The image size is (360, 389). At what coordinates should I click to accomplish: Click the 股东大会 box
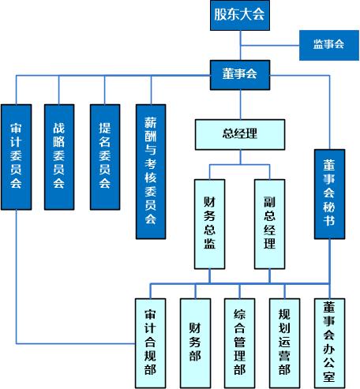240,15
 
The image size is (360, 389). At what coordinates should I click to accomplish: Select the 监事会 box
329,45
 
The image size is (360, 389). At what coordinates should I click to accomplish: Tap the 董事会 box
240,75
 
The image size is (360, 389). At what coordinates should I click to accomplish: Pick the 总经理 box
240,135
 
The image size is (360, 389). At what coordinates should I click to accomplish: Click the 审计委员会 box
17,157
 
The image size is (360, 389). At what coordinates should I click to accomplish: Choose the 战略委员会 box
59,157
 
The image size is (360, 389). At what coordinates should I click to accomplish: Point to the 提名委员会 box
105,157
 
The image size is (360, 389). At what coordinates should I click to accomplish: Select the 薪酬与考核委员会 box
151,172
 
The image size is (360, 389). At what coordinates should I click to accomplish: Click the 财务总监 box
210,224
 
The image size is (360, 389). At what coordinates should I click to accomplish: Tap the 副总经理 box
270,224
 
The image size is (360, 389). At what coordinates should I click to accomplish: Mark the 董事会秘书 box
329,194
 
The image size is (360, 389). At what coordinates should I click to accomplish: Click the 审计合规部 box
150,343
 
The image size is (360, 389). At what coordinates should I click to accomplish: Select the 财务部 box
195,343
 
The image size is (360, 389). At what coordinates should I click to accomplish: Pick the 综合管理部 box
240,343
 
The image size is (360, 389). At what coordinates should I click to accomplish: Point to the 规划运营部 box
284,343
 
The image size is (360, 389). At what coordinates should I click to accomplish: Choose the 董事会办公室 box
329,343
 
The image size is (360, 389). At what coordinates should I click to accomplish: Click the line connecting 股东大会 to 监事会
270,46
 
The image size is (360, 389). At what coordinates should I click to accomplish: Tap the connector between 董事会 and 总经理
241,105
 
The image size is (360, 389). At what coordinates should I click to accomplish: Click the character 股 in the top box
219,14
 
